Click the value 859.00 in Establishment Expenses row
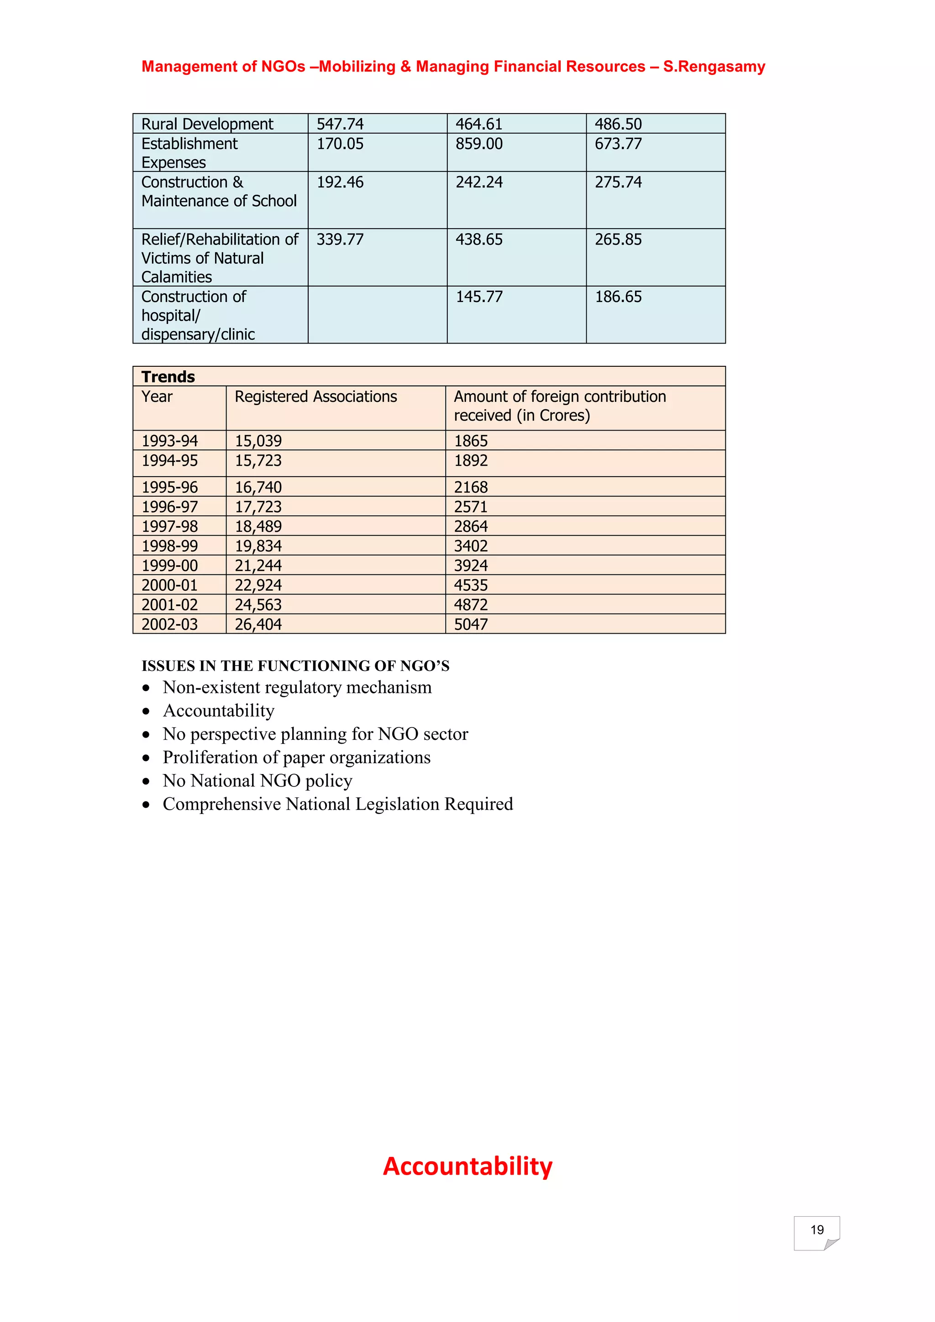click(x=479, y=144)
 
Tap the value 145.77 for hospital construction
click(x=479, y=297)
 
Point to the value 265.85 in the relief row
click(x=618, y=239)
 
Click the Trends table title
click(x=168, y=377)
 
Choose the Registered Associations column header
click(x=315, y=397)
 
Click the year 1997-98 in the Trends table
click(x=169, y=526)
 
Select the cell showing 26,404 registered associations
click(x=258, y=624)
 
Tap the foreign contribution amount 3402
click(x=471, y=546)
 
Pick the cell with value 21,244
click(x=258, y=565)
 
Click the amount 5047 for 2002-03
click(x=471, y=624)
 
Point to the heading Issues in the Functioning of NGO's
click(x=295, y=666)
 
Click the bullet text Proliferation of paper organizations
click(x=296, y=758)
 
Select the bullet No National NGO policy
click(x=257, y=781)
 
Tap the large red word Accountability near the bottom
click(x=467, y=1166)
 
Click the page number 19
click(x=816, y=1230)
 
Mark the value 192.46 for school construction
click(x=340, y=182)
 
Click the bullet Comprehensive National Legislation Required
click(x=337, y=804)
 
